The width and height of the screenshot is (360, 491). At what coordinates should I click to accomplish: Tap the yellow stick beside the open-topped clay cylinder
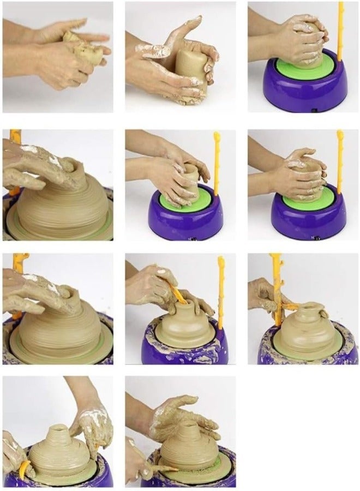[x=217, y=164]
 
